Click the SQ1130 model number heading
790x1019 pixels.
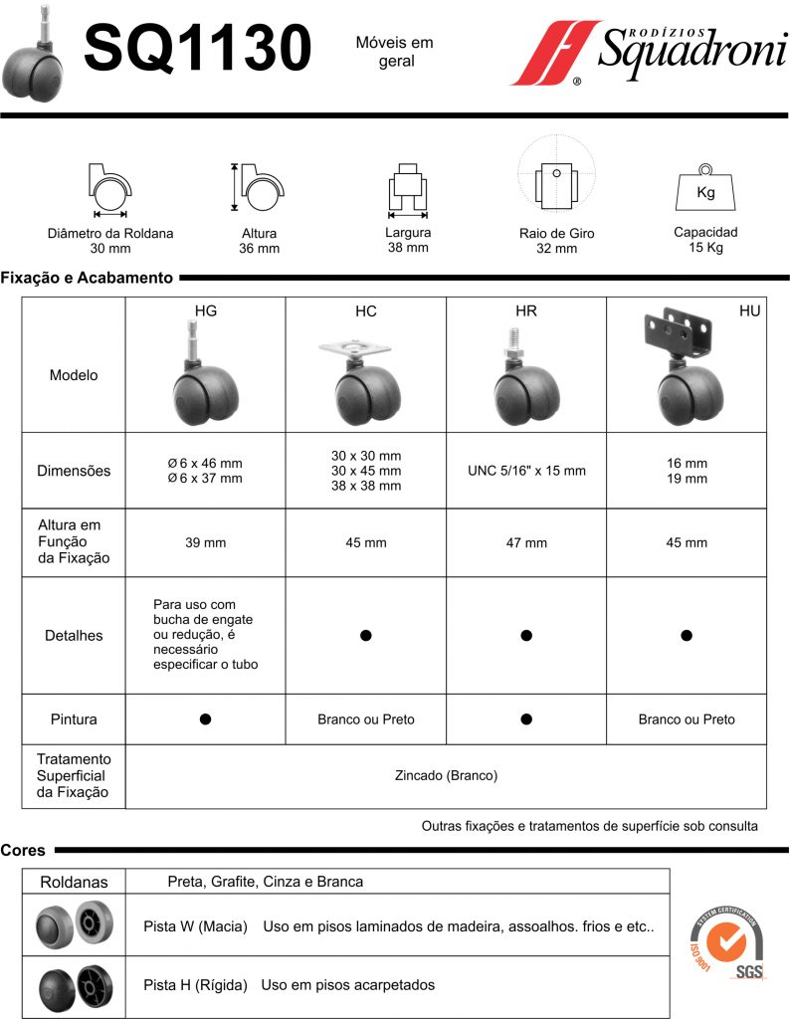tap(197, 48)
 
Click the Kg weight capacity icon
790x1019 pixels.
tap(705, 187)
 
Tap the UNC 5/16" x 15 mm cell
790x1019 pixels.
tap(526, 471)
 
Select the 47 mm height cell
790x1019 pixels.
tap(526, 543)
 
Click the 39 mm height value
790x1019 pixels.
tap(205, 543)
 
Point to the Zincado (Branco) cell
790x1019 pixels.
tap(446, 775)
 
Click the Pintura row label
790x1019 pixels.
tap(74, 718)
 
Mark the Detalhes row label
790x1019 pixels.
tap(74, 635)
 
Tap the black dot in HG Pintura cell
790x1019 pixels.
tap(205, 718)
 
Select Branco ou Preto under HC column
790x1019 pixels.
tap(366, 718)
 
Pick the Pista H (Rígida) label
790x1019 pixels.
tap(195, 985)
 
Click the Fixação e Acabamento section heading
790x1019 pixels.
tap(88, 278)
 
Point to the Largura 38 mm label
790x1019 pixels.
tap(408, 240)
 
